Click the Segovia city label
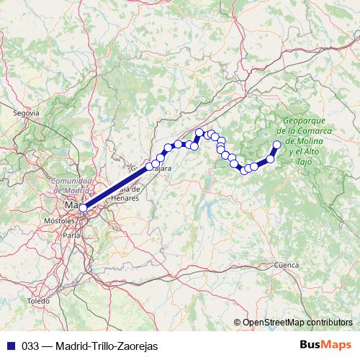point(26,113)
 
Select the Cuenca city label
point(286,266)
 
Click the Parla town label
point(71,235)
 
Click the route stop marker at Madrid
point(83,207)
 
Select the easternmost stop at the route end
point(277,145)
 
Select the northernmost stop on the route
point(199,132)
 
